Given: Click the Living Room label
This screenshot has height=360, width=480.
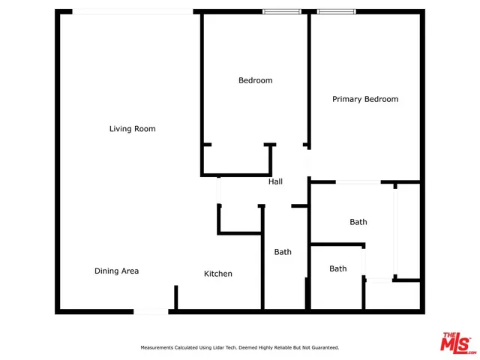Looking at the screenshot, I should (x=133, y=129).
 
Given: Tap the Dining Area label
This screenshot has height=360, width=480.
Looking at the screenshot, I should (x=116, y=271).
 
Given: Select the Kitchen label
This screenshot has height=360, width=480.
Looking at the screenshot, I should (x=218, y=274).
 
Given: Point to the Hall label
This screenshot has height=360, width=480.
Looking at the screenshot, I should (x=275, y=181).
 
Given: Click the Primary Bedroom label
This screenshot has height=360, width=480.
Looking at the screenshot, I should (x=365, y=99).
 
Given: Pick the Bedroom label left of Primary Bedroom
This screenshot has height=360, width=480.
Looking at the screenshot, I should (x=255, y=80).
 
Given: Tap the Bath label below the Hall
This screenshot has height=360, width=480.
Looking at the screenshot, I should (x=282, y=252).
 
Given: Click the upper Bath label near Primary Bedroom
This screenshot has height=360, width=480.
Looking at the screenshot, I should (x=358, y=222).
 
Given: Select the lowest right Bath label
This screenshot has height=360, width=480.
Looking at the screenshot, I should (x=338, y=268).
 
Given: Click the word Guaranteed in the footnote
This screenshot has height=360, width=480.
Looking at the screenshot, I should (x=323, y=347).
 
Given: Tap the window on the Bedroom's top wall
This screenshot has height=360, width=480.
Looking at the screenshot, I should (x=282, y=12).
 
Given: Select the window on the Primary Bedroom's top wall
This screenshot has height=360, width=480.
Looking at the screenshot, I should (x=337, y=12).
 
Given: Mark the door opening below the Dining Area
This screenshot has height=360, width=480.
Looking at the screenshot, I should (x=151, y=310).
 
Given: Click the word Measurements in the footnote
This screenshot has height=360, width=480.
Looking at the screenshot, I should (x=159, y=347).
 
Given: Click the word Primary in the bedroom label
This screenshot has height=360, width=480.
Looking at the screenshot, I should (x=349, y=99).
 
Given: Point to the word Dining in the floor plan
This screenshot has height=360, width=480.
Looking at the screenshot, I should (x=106, y=271).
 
